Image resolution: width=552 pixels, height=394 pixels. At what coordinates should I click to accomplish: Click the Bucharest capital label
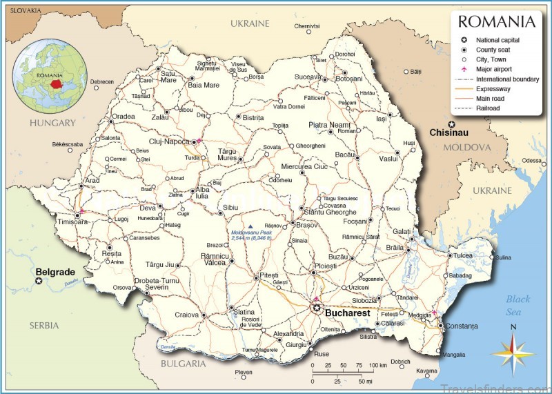click(x=349, y=313)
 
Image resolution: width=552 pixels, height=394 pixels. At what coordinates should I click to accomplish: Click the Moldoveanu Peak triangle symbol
click(x=251, y=226)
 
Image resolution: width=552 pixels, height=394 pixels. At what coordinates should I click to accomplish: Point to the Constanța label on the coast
click(x=462, y=326)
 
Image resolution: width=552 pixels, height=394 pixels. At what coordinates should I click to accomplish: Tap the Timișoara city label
click(x=72, y=222)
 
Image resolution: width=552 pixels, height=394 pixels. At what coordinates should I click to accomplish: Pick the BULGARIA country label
click(x=184, y=363)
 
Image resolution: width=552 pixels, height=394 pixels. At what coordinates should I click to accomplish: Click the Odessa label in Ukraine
click(x=532, y=160)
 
